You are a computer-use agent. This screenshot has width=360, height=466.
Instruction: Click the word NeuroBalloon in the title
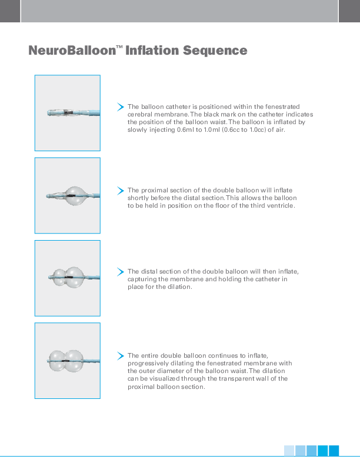(72, 51)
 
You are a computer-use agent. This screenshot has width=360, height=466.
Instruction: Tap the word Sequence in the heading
(215, 51)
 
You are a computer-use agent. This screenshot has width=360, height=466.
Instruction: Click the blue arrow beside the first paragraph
(121, 106)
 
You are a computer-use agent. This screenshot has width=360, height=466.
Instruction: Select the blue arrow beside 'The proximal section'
(121, 191)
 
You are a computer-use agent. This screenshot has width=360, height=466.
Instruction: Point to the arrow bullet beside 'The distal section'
(121, 272)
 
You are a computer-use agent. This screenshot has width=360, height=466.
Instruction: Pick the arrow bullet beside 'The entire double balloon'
(121, 356)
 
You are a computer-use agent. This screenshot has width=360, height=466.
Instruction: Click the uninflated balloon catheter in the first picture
(74, 112)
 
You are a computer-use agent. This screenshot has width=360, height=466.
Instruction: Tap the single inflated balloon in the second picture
(75, 195)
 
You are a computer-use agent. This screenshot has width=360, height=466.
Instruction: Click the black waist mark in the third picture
(69, 277)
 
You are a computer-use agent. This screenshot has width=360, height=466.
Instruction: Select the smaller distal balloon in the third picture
(59, 277)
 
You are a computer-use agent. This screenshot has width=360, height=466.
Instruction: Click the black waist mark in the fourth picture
(66, 361)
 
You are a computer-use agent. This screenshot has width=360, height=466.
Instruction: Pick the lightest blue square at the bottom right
(289, 451)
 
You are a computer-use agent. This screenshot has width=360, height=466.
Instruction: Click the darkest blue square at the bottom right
(334, 451)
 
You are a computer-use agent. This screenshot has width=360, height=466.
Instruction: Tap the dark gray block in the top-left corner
(10, 11)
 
